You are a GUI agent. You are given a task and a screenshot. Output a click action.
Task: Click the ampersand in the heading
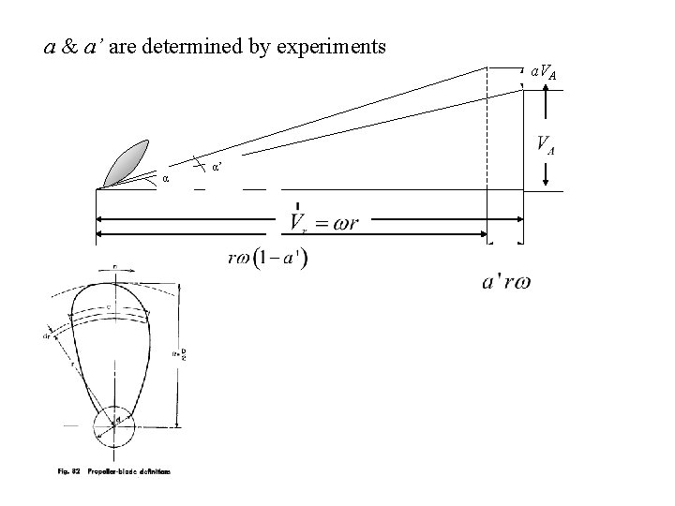70,45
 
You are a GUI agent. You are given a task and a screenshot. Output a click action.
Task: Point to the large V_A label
543,145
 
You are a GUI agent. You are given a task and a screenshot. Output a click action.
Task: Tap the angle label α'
217,167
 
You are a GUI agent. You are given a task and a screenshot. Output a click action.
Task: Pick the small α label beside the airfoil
166,178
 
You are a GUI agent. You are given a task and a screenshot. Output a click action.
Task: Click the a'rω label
506,281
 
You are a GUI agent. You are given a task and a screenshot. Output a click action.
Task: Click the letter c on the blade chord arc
111,306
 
